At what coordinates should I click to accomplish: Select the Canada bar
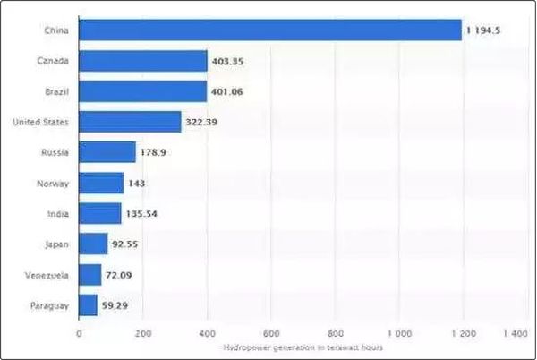(x=143, y=61)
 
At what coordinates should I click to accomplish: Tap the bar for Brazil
(x=143, y=91)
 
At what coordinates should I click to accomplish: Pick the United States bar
(x=130, y=122)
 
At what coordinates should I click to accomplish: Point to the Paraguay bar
(x=88, y=305)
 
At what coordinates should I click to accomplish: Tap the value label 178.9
(x=153, y=153)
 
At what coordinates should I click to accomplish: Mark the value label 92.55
(x=125, y=244)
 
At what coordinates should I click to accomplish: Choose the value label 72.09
(x=120, y=275)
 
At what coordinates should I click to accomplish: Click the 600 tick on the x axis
(x=271, y=335)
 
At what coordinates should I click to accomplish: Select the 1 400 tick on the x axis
(x=515, y=335)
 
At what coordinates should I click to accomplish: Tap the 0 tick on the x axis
(x=79, y=335)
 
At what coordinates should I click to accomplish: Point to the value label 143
(x=136, y=184)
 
